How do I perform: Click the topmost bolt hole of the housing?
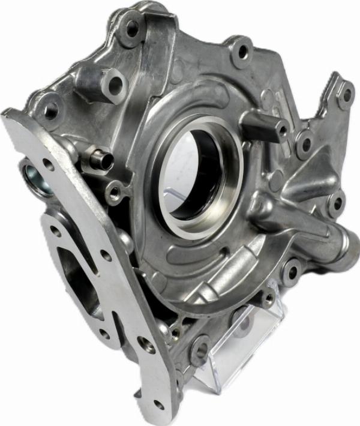click(130, 28)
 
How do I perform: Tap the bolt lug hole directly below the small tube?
click(113, 193)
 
